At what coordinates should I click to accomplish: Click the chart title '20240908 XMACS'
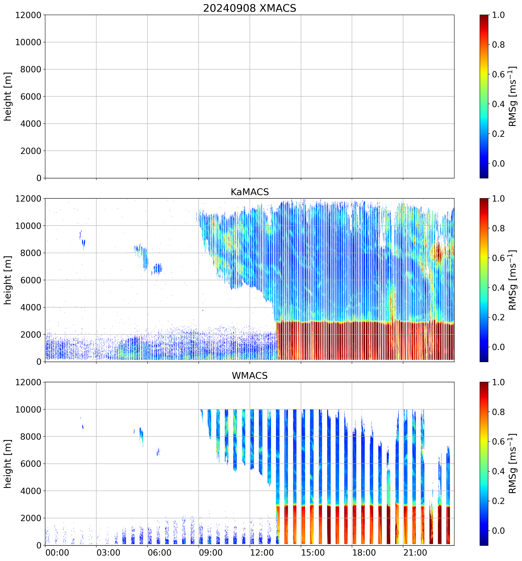pos(250,8)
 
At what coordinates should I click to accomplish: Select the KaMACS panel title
pos(250,192)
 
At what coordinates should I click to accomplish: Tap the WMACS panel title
pos(250,376)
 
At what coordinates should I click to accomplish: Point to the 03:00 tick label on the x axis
pos(108,553)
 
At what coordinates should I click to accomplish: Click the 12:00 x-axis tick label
pos(262,553)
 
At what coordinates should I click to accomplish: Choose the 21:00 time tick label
pos(415,553)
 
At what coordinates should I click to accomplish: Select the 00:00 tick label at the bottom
pos(57,553)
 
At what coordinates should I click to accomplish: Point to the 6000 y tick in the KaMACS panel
pos(31,280)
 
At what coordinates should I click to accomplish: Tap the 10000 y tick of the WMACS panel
pos(28,410)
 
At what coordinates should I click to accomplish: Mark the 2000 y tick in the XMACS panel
pos(31,151)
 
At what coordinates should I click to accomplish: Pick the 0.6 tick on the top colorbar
pos(498,75)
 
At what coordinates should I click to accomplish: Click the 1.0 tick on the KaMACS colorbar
pos(498,199)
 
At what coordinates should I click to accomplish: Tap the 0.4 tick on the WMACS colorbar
pos(498,471)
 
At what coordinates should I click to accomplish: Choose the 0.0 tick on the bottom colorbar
pos(498,531)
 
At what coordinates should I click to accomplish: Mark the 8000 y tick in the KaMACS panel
pos(31,253)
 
